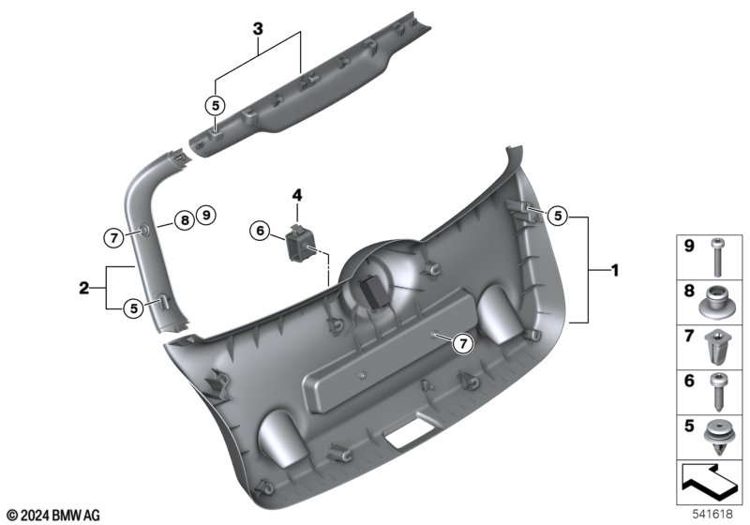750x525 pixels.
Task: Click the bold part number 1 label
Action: point(615,271)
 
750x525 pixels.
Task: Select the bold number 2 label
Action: point(83,289)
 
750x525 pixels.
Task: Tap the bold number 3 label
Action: point(258,29)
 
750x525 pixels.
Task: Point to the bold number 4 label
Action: point(297,195)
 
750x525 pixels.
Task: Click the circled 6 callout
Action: point(261,231)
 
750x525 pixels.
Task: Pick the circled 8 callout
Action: point(185,220)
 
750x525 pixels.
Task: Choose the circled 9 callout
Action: point(206,215)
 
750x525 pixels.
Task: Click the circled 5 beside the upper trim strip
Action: point(216,105)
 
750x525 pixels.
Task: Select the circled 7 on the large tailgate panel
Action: point(462,343)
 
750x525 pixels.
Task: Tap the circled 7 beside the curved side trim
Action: point(113,237)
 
